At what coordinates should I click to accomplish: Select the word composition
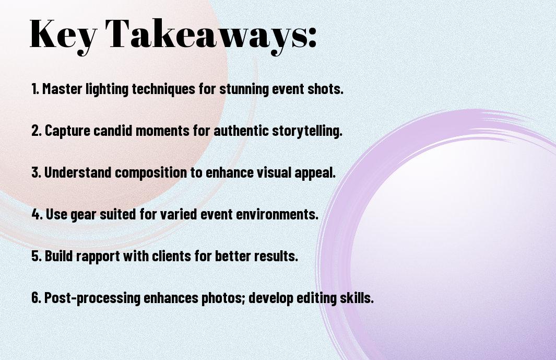pos(153,173)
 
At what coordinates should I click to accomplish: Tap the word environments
pos(275,215)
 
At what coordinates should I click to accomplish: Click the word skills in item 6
pos(357,298)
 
